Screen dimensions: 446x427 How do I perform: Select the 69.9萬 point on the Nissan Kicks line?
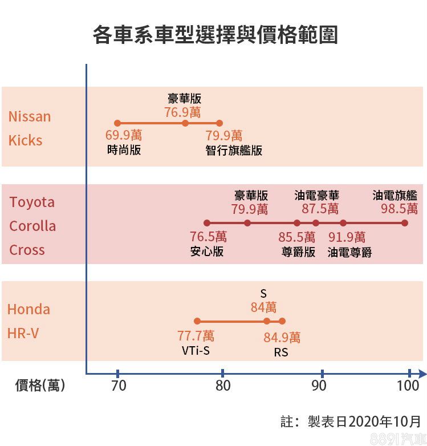tap(117, 123)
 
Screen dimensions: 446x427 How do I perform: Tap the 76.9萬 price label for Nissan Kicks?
tap(182, 112)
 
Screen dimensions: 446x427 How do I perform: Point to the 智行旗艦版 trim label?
tap(234, 151)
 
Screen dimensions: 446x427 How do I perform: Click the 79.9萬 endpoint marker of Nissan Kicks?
tap(219, 123)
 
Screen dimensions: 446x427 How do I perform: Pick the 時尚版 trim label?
tap(124, 151)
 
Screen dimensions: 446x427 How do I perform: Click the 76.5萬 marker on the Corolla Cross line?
tap(207, 223)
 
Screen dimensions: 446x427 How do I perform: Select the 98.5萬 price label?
tap(399, 209)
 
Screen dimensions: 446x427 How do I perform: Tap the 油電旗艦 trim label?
tap(395, 195)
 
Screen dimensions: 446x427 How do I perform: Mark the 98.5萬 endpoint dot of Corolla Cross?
tap(405, 223)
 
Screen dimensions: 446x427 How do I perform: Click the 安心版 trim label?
tap(207, 252)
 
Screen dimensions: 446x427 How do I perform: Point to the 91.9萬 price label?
tap(347, 237)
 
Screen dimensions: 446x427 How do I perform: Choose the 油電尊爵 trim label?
tap(349, 252)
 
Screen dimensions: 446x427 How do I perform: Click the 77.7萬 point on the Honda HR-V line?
tap(197, 321)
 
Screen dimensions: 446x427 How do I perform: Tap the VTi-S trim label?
tap(196, 351)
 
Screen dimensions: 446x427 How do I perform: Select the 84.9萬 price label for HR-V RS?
tap(282, 338)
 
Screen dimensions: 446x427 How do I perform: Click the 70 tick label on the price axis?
tap(118, 386)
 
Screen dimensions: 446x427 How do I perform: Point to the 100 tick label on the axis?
tap(408, 386)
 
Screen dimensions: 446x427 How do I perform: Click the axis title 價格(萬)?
tap(40, 386)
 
